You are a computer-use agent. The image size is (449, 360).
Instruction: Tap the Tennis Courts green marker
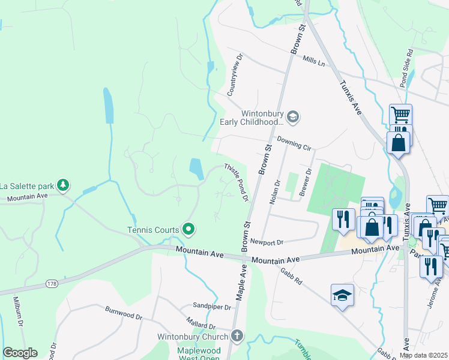[x=188, y=229]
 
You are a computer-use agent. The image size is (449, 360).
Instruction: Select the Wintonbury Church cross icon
[x=238, y=336]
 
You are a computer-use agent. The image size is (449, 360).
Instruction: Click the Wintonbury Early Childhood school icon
[x=293, y=116]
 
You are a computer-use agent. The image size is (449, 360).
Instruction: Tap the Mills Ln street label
[x=313, y=61]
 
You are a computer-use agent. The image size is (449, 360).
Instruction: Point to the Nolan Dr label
[x=274, y=192]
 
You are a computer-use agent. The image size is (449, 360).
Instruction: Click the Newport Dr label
[x=267, y=242]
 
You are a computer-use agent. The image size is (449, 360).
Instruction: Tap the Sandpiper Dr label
[x=211, y=307]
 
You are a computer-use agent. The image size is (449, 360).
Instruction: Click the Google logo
[x=20, y=353]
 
